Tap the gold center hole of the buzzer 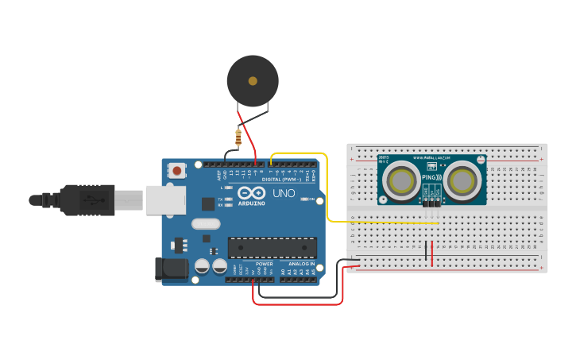coord(253,81)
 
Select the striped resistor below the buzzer coord(238,137)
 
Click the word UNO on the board coord(284,193)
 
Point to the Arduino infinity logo coord(253,193)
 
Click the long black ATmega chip coord(272,247)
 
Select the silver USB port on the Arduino coord(165,201)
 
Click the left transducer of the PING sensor coord(400,181)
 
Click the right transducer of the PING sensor coord(462,181)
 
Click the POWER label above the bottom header coord(264,263)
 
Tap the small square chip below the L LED coord(207,203)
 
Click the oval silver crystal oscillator coord(206,224)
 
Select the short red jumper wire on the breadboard coord(432,254)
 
